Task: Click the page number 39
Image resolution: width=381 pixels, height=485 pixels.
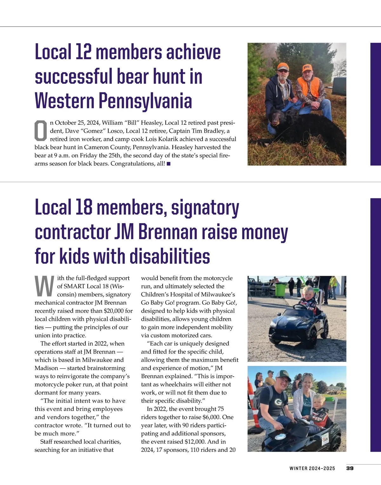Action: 350,468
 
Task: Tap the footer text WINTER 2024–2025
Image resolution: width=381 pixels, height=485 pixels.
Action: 312,468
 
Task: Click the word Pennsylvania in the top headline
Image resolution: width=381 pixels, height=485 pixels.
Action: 145,101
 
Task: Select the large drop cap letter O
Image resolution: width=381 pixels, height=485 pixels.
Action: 41,131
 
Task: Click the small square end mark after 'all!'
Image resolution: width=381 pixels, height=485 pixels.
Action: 169,164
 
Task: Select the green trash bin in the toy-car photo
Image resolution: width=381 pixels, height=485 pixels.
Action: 280,289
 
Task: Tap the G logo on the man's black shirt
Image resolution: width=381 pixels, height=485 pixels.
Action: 278,402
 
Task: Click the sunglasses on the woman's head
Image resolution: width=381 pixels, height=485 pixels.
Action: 308,375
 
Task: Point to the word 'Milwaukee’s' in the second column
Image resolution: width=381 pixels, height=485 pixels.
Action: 218,295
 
